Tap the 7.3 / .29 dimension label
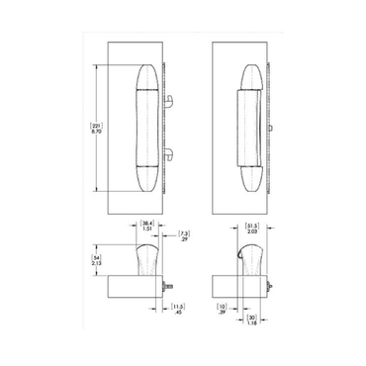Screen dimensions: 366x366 coord(184,235)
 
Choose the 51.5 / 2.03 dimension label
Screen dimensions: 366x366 coord(251,229)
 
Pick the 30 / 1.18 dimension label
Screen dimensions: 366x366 coord(252,319)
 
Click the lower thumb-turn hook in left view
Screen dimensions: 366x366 coord(170,152)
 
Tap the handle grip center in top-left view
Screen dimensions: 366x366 coord(147,127)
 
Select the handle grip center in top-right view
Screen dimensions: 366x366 coord(247,127)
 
